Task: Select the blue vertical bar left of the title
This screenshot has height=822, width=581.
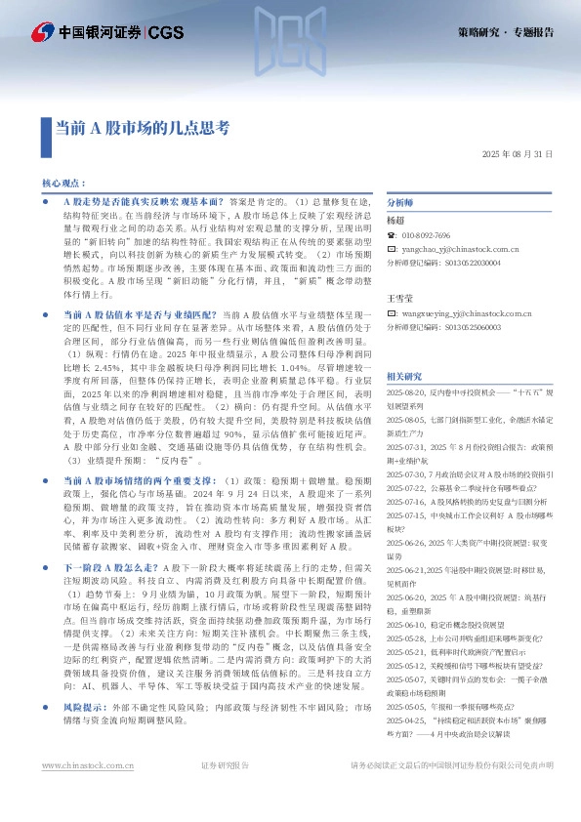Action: (46, 128)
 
